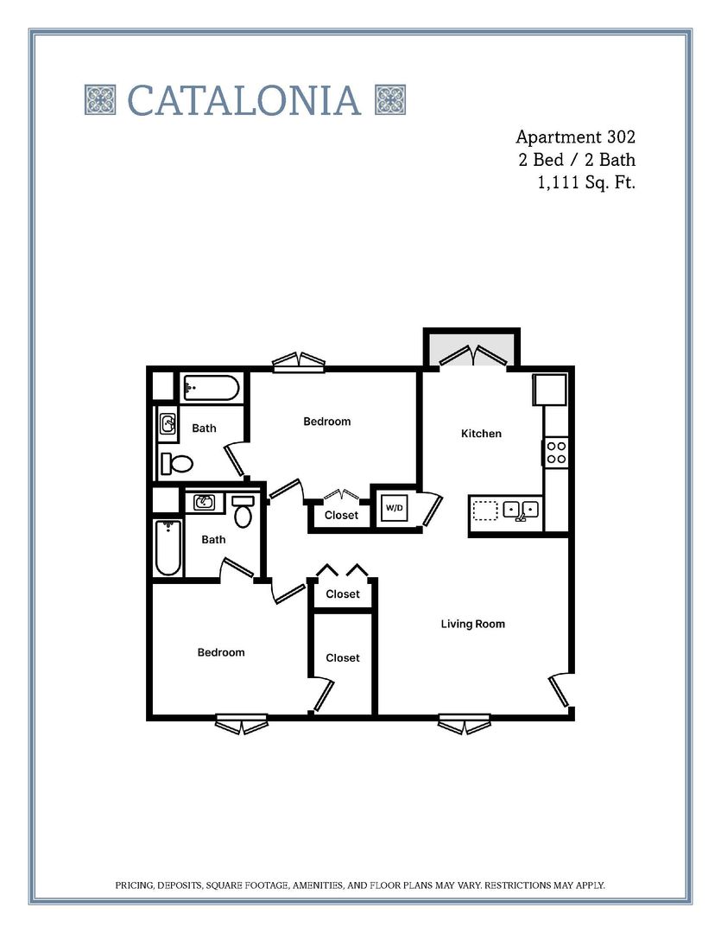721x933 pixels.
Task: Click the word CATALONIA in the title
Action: pos(244,100)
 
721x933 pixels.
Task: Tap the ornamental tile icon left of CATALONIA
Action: pos(100,100)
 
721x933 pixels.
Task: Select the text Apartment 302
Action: pos(575,136)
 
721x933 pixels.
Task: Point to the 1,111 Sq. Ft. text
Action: pos(586,182)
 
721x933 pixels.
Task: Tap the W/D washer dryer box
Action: pos(394,508)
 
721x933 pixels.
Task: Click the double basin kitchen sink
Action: pos(521,510)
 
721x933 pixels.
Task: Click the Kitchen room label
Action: pos(481,434)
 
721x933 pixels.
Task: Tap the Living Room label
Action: pos(472,624)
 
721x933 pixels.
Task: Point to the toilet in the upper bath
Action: pos(178,464)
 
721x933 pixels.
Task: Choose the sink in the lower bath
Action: pos(205,503)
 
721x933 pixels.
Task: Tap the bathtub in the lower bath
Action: pos(168,548)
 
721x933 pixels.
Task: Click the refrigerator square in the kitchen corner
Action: pos(550,390)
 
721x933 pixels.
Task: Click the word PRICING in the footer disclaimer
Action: pos(136,885)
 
